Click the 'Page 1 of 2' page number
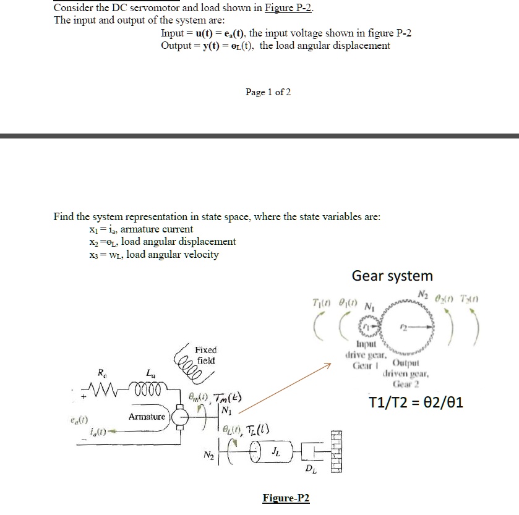coord(268,92)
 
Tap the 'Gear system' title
coord(392,276)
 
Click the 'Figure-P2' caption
coord(286,499)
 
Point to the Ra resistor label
coord(101,373)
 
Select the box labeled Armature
coord(147,417)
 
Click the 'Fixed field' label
coord(205,355)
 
